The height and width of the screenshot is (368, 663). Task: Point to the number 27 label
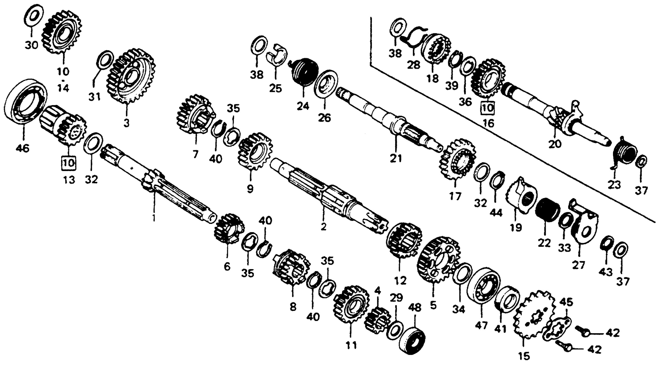[x=578, y=265]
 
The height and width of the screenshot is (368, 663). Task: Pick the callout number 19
[x=516, y=227]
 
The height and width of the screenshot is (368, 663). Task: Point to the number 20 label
[x=555, y=144]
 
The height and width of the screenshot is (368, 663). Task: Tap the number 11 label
[x=351, y=345]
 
